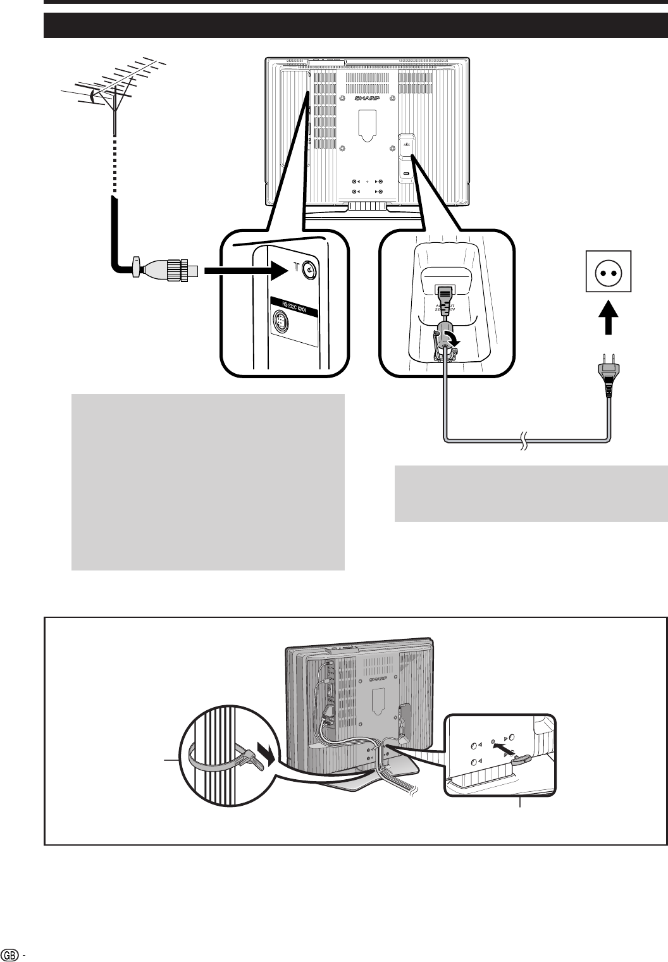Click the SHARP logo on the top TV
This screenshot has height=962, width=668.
click(368, 100)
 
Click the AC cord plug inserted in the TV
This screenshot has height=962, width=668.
click(445, 297)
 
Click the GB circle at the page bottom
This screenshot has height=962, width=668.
click(9, 953)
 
